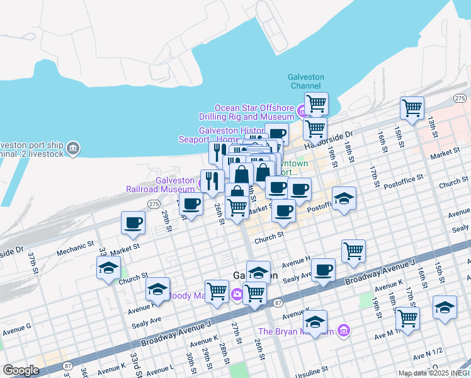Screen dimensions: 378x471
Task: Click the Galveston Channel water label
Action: click(306, 81)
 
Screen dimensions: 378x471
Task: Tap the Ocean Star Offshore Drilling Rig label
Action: click(254, 112)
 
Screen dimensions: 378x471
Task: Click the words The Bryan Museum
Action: click(296, 331)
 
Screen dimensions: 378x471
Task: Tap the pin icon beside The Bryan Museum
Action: click(343, 330)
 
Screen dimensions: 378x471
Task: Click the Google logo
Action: click(21, 370)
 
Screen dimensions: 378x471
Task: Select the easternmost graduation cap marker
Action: click(445, 308)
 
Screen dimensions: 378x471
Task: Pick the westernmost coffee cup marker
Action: click(133, 222)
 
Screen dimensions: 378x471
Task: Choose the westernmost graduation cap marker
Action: click(109, 267)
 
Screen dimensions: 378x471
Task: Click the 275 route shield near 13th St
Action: click(460, 98)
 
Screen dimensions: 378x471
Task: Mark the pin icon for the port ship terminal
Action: click(73, 148)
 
